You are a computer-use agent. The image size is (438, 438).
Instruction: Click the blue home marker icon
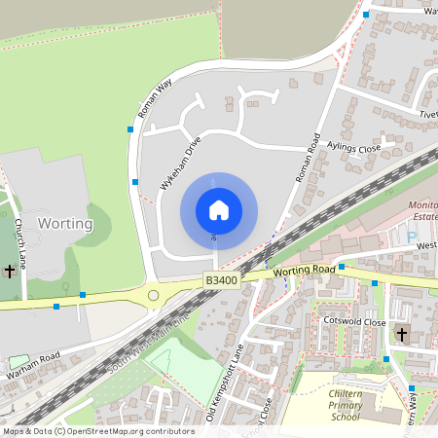pos(218,210)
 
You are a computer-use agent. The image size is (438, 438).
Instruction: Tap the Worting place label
pos(65,223)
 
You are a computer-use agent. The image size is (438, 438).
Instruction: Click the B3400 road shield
pos(221,280)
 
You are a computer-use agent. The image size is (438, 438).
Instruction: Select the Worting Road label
pos(304,271)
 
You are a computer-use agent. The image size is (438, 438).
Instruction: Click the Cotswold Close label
pos(355,321)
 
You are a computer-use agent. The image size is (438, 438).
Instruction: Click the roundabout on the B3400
pos(153,296)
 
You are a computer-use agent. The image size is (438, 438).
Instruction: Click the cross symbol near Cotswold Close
pos(401,334)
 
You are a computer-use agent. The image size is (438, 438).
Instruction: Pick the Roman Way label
pos(155,98)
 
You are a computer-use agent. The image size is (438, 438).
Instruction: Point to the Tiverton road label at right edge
pos(427,114)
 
